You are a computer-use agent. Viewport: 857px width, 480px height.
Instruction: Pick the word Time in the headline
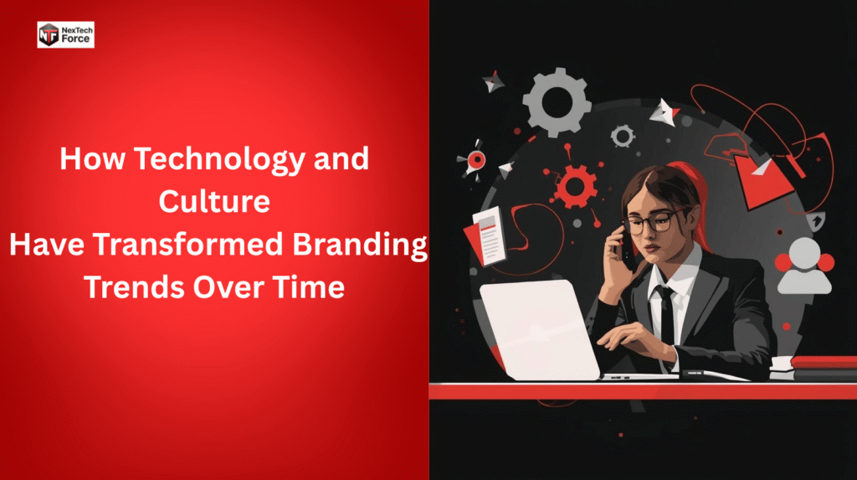pyautogui.click(x=305, y=287)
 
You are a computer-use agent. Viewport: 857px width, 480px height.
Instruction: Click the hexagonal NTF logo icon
pyautogui.click(x=49, y=34)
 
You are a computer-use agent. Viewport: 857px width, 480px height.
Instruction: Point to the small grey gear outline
pyautogui.click(x=622, y=135)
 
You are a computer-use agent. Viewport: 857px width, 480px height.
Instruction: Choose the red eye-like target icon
pyautogui.click(x=475, y=158)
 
